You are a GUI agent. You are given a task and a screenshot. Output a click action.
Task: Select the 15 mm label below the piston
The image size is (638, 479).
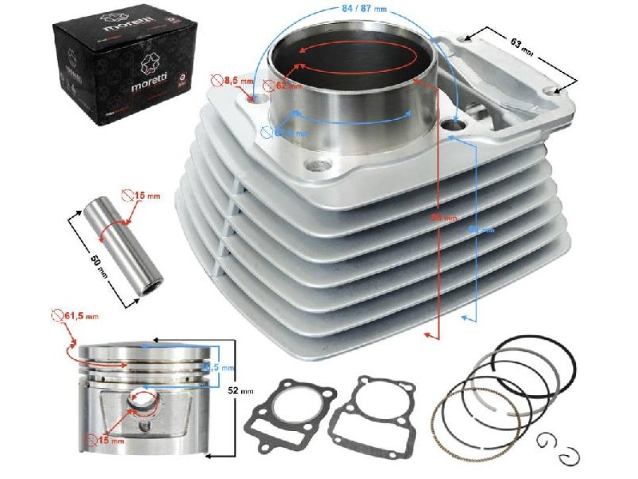(107, 440)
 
